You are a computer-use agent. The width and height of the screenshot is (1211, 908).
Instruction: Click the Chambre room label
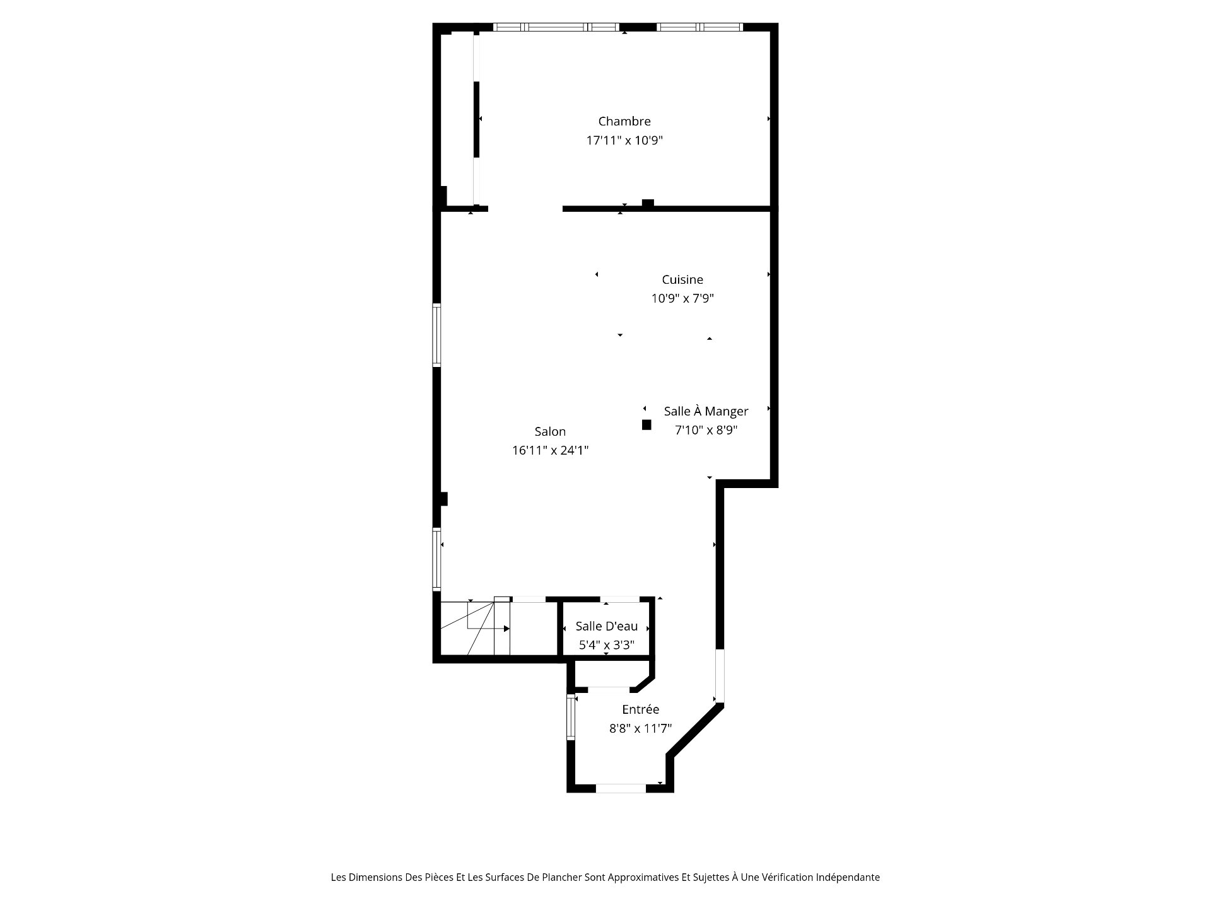[624, 121]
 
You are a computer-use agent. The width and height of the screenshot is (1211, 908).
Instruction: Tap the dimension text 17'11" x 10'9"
[624, 140]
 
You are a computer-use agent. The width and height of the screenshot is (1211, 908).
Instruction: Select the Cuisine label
[682, 279]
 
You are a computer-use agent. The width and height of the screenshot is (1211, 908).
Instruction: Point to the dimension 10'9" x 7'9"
[682, 298]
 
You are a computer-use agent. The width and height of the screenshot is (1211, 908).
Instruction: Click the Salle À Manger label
[706, 411]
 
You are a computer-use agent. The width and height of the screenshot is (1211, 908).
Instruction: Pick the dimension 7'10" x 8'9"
[706, 430]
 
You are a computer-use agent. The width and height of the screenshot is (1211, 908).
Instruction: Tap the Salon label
[550, 431]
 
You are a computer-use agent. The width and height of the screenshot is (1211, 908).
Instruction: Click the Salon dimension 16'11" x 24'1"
[550, 450]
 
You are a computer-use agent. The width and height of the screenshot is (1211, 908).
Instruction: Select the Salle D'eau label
[607, 626]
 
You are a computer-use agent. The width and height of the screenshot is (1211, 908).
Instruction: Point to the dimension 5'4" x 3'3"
[607, 645]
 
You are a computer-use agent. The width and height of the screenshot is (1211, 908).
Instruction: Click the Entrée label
[640, 709]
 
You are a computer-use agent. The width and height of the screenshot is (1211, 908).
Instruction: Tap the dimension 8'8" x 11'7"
[640, 728]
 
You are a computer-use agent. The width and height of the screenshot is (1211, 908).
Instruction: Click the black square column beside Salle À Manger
[646, 425]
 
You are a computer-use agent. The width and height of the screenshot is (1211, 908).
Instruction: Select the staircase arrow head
[506, 629]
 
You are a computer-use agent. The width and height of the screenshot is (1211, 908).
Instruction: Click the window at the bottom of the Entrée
[621, 788]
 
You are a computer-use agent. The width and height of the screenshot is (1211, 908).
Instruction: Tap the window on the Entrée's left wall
[571, 717]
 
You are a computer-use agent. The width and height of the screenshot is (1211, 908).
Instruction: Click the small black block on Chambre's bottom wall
[648, 203]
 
